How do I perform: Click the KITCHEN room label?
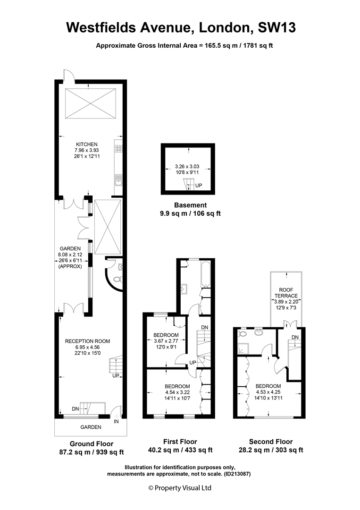[87, 144]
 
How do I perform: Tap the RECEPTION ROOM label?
[87, 341]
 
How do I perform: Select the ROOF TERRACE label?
[286, 293]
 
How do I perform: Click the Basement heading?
[191, 205]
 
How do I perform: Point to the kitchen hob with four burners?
[118, 149]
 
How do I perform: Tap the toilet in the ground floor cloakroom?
[117, 279]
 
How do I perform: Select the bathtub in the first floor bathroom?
[206, 273]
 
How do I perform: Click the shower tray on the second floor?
[243, 348]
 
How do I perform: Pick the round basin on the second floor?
[260, 332]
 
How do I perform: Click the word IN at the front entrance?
[117, 422]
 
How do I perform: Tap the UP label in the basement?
[199, 186]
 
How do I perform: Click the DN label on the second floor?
[295, 337]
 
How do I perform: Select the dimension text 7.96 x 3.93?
[87, 150]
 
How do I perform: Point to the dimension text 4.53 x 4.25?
[268, 392]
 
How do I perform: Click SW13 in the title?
[276, 27]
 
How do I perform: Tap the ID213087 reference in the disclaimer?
[236, 474]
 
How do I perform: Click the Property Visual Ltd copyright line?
[180, 488]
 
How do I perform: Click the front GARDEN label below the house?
[91, 427]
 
